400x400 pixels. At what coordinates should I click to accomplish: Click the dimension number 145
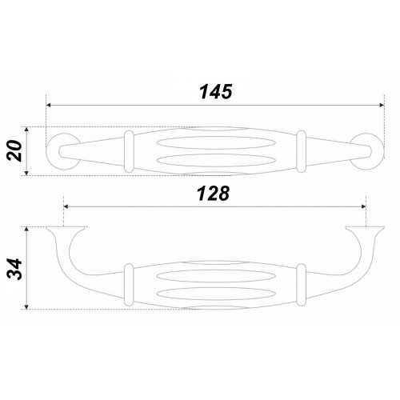[x=216, y=92]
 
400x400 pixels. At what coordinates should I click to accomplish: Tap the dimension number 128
[x=213, y=194]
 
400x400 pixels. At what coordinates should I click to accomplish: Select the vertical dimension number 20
[x=14, y=151]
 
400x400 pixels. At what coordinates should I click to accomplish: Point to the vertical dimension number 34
[x=15, y=269]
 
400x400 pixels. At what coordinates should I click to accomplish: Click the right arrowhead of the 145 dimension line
[x=382, y=106]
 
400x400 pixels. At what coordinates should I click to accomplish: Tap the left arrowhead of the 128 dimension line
[x=66, y=206]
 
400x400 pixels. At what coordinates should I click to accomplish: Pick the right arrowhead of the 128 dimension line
[x=363, y=206]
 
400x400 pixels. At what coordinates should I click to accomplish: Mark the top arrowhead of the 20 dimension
[x=26, y=130]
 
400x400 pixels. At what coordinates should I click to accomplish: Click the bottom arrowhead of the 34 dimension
[x=26, y=306]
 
